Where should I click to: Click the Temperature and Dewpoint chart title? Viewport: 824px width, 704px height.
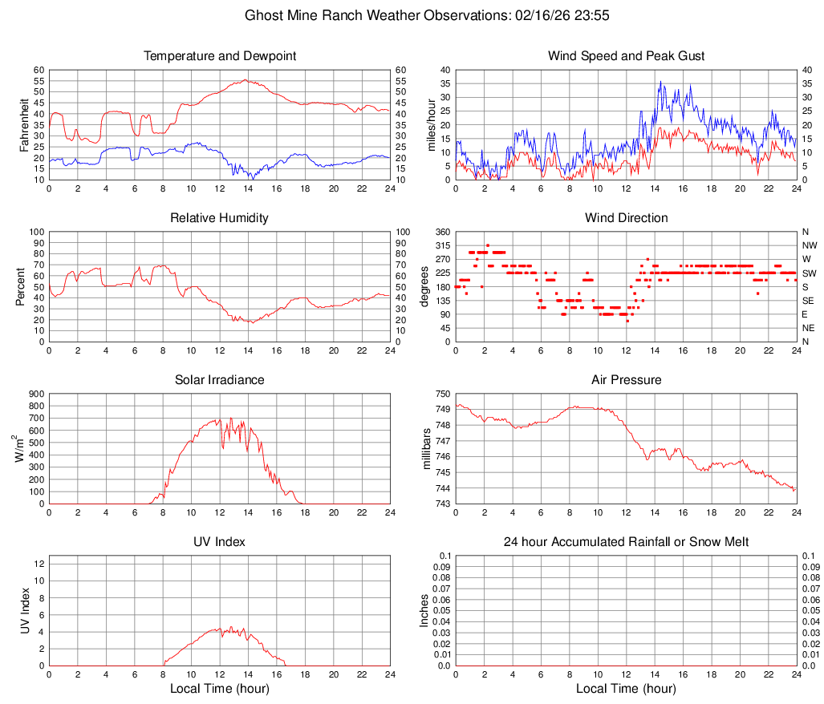click(x=219, y=56)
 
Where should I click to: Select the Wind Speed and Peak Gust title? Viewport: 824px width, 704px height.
click(x=626, y=56)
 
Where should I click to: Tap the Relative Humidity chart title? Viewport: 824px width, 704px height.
click(x=219, y=218)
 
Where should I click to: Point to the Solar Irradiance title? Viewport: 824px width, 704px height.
click(x=219, y=379)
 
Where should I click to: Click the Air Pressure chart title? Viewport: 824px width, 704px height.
click(x=626, y=379)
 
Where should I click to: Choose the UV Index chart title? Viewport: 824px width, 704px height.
click(x=219, y=542)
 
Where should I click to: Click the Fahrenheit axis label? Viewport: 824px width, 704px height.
click(x=24, y=125)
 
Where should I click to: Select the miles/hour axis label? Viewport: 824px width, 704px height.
click(x=431, y=125)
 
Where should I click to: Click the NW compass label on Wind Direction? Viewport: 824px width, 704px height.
click(x=809, y=245)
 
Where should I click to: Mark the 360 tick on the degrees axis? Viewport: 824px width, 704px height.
click(x=440, y=232)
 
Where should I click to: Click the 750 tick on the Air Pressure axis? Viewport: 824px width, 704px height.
click(x=440, y=394)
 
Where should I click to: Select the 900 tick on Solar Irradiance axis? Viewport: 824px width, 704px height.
click(x=34, y=394)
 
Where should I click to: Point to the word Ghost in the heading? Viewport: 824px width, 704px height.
click(x=262, y=15)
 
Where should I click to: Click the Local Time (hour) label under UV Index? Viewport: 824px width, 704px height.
click(x=219, y=689)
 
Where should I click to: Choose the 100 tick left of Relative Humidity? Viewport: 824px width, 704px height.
click(x=34, y=232)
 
